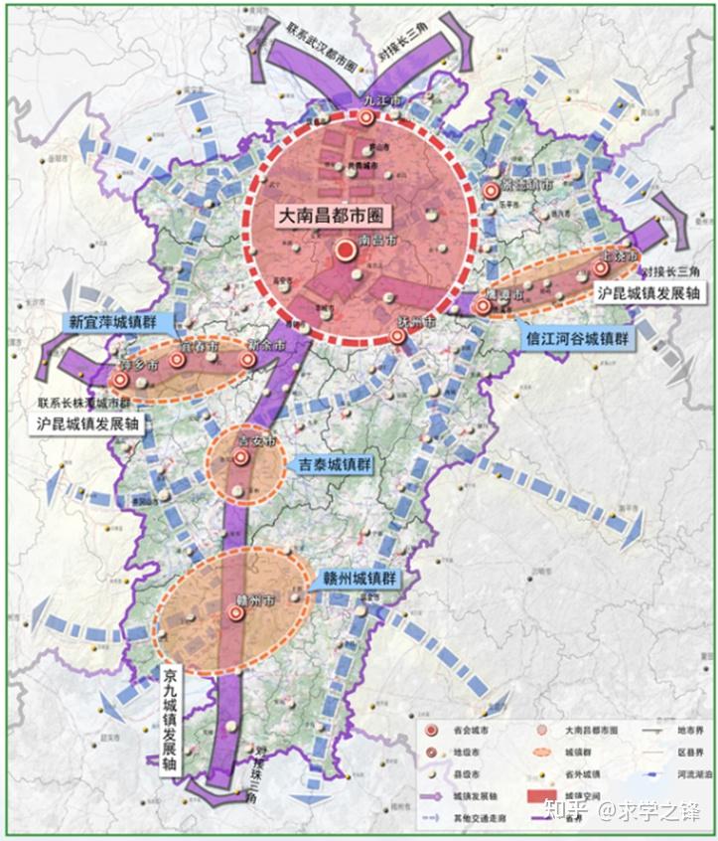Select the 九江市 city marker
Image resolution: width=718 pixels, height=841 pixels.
tap(366, 117)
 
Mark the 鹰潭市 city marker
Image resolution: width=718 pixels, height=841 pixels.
tap(483, 306)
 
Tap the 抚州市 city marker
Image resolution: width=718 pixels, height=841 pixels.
tap(397, 337)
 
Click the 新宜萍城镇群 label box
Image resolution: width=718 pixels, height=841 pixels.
tap(118, 322)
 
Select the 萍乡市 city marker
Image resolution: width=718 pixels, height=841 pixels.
tap(120, 380)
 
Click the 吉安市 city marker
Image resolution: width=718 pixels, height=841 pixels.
tap(240, 457)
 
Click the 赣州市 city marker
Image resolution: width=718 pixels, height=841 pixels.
tap(236, 613)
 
